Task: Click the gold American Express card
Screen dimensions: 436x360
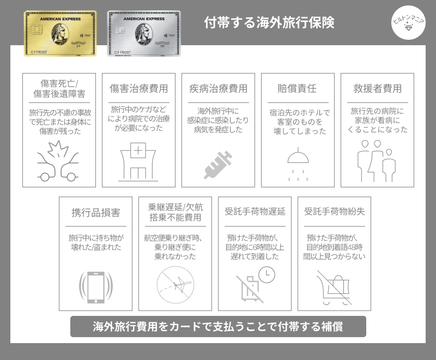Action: pyautogui.click(x=60, y=33)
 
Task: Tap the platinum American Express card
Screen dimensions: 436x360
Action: pyautogui.click(x=144, y=33)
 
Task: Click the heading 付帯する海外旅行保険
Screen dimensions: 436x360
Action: pyautogui.click(x=269, y=22)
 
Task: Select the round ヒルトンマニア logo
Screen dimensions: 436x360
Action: pyautogui.click(x=408, y=22)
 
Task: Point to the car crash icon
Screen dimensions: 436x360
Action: pyautogui.click(x=58, y=161)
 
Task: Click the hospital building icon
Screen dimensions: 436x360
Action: pyautogui.click(x=138, y=162)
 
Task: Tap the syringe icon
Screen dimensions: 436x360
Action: pyautogui.click(x=218, y=165)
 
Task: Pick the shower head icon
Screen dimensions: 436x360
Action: pyautogui.click(x=298, y=164)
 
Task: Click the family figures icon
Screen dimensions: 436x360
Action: pyautogui.click(x=377, y=161)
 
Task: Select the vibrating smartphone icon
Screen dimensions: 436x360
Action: pyautogui.click(x=96, y=288)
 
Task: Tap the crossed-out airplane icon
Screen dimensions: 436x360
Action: pyautogui.click(x=175, y=285)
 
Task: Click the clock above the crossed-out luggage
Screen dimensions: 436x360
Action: pyautogui.click(x=267, y=274)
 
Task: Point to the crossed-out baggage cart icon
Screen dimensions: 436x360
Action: pyautogui.click(x=334, y=288)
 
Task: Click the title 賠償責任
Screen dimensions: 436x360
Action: pyautogui.click(x=297, y=89)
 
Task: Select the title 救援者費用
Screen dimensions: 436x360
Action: pyautogui.click(x=377, y=89)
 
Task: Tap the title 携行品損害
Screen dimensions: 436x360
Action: pyautogui.click(x=96, y=212)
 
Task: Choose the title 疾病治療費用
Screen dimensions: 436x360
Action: pyautogui.click(x=219, y=89)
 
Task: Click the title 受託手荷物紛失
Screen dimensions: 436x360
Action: pyautogui.click(x=334, y=211)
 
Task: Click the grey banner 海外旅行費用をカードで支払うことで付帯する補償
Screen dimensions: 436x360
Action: pyautogui.click(x=218, y=326)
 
